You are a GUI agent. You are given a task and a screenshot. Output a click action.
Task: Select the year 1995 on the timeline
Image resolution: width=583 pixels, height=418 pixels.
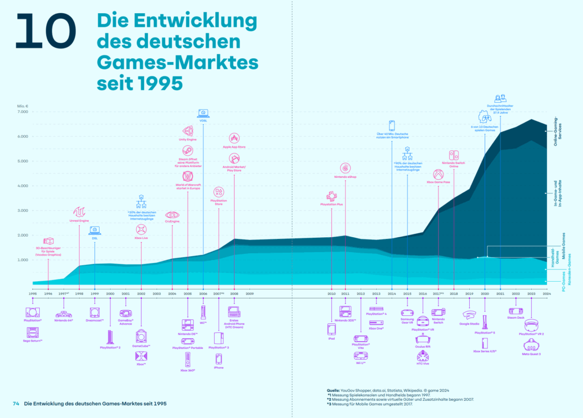(x=32, y=293)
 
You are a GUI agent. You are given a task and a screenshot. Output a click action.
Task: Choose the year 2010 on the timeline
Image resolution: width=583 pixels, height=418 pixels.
(x=331, y=293)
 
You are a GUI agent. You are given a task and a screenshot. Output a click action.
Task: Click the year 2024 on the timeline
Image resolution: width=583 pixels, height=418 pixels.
(x=546, y=293)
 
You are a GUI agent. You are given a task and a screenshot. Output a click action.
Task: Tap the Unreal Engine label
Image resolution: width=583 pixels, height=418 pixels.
(x=79, y=221)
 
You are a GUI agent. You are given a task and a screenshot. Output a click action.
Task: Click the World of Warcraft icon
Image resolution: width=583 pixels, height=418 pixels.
(x=188, y=177)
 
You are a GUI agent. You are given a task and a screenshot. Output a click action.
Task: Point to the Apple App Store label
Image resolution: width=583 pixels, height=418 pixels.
(x=234, y=147)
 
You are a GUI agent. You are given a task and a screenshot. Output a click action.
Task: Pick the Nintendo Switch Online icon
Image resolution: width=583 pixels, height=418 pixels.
(x=454, y=155)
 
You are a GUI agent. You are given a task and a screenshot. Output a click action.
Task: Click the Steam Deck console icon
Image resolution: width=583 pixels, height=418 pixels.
(x=516, y=311)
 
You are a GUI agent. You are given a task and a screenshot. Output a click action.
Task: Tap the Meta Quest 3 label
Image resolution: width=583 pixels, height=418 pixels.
(x=531, y=354)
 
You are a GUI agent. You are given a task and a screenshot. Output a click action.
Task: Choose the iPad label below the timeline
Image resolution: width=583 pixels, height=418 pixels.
(x=331, y=339)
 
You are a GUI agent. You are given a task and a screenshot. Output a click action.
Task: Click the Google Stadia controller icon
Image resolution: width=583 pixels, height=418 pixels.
(x=469, y=314)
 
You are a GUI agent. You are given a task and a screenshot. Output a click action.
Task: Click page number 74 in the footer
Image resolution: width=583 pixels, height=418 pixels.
(x=16, y=404)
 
